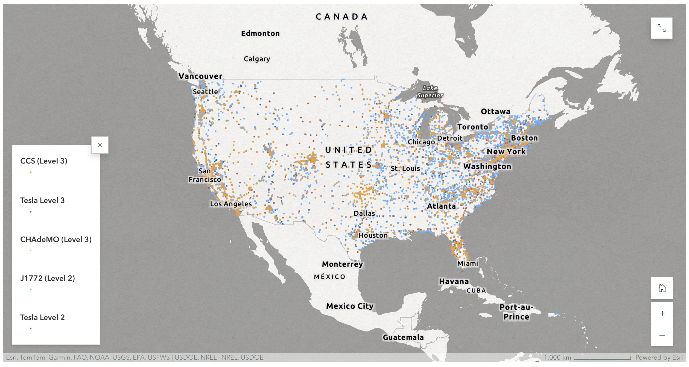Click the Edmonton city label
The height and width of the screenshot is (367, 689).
click(x=260, y=33)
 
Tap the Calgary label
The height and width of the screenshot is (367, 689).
click(x=256, y=59)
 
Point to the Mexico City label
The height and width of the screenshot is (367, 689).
click(x=349, y=306)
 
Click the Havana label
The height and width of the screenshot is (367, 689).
click(x=454, y=281)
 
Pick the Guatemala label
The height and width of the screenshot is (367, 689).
click(x=403, y=337)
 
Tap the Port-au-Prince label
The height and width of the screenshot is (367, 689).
click(x=516, y=312)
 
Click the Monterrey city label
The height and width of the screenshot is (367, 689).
click(x=342, y=264)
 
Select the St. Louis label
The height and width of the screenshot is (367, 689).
click(x=405, y=168)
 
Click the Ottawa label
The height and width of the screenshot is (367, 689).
click(x=495, y=111)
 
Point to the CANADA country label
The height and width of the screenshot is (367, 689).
click(x=341, y=17)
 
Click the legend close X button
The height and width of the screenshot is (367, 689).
click(x=100, y=145)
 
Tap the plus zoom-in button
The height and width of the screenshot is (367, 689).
click(x=662, y=313)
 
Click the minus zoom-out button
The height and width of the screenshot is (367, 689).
click(x=662, y=335)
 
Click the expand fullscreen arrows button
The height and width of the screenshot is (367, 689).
click(x=661, y=28)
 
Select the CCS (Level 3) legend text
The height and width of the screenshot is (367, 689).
click(x=44, y=161)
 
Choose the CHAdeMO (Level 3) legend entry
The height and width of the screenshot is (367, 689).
click(x=56, y=239)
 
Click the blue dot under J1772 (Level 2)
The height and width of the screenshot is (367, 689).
click(x=31, y=289)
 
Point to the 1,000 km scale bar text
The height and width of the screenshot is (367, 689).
click(x=557, y=357)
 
